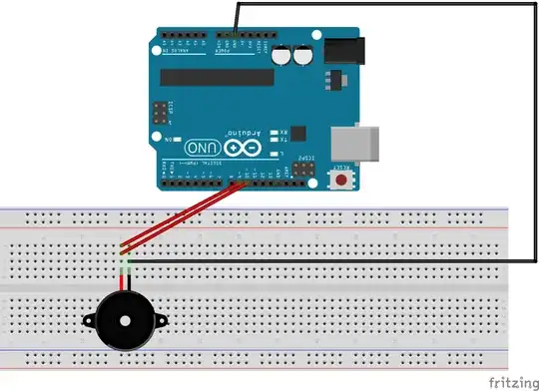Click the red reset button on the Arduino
pyautogui.click(x=342, y=181)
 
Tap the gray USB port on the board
pyautogui.click(x=361, y=144)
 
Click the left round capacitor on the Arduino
pyautogui.click(x=287, y=58)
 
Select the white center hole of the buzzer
pyautogui.click(x=124, y=322)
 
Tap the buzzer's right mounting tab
pyautogui.click(x=158, y=322)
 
